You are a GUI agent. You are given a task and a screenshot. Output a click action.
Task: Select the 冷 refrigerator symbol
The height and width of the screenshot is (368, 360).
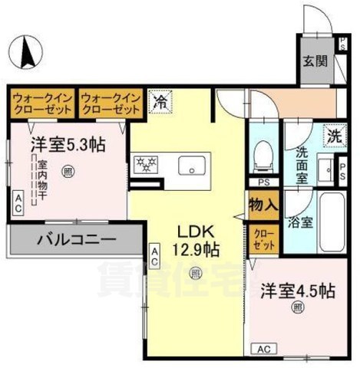(160, 100)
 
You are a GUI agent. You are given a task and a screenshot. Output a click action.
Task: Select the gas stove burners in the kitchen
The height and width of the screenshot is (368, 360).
(146, 166)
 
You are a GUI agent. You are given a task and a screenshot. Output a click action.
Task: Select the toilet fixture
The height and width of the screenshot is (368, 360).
(263, 153)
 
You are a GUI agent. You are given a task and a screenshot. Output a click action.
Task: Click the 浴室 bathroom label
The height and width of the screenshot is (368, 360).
(301, 223)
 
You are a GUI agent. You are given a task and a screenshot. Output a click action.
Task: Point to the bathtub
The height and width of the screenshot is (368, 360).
(333, 220)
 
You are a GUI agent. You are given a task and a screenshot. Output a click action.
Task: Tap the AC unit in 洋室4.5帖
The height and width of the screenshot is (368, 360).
(265, 350)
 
